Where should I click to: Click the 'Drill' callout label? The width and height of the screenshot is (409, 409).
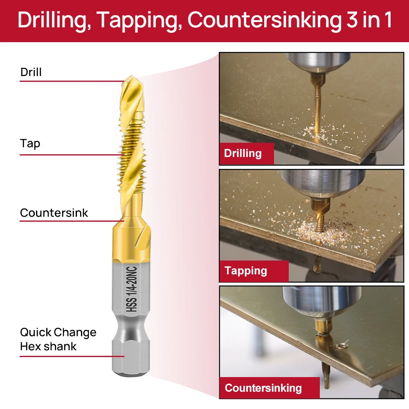[31, 72]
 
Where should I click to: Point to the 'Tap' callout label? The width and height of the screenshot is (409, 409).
[30, 144]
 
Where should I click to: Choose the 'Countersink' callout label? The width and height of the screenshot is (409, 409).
[54, 213]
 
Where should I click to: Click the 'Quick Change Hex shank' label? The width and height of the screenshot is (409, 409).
[58, 339]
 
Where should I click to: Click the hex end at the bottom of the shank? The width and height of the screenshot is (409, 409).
[132, 360]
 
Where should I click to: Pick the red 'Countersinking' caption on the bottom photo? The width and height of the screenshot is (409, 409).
[263, 388]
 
